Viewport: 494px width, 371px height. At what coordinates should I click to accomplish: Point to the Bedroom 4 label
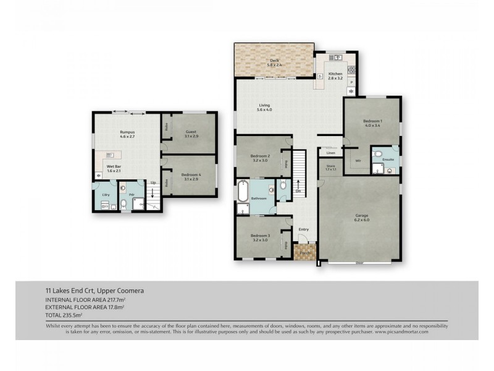pyautogui.click(x=191, y=177)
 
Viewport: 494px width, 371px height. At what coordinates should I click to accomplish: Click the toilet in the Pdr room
pyautogui.click(x=124, y=202)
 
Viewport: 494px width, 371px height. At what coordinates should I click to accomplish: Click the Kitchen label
pyautogui.click(x=335, y=76)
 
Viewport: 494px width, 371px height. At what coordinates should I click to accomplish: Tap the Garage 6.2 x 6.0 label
pyautogui.click(x=361, y=218)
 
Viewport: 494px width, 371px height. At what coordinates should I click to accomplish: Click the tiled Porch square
pyautogui.click(x=305, y=253)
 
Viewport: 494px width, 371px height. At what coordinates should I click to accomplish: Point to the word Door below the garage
pyautogui.click(x=359, y=263)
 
